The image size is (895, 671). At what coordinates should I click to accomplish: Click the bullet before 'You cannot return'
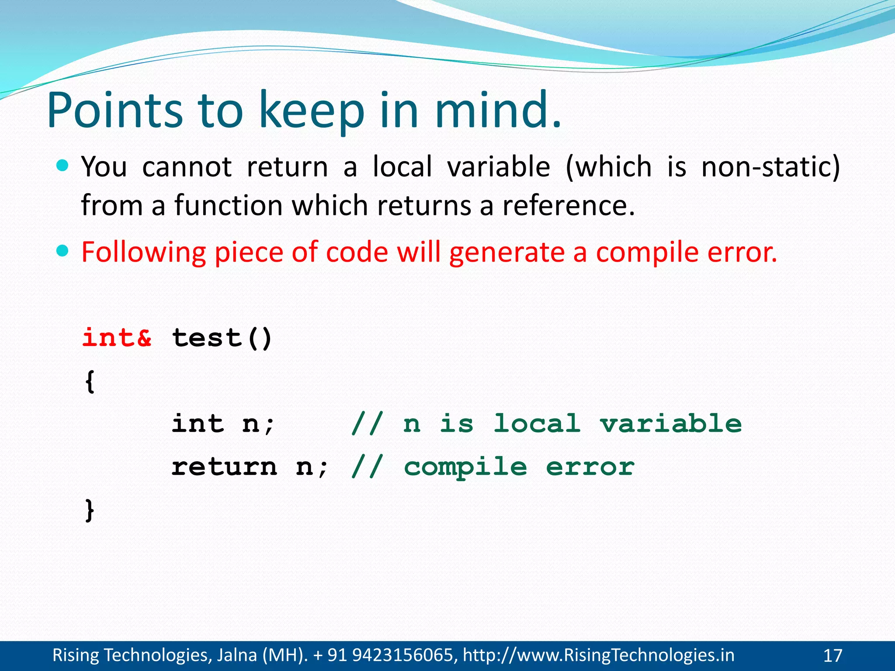tap(63, 166)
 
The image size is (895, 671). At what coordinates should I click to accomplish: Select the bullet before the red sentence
tap(63, 251)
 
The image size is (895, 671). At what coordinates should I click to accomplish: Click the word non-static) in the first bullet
tap(770, 167)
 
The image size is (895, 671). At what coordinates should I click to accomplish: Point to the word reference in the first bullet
tap(568, 205)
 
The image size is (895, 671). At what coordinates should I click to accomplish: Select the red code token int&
tap(117, 338)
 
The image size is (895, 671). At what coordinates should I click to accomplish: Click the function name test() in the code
tap(222, 338)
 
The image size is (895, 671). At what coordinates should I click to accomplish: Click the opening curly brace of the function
tap(90, 381)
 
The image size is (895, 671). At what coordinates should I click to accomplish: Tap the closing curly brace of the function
tap(90, 510)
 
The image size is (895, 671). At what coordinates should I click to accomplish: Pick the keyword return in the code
tap(224, 467)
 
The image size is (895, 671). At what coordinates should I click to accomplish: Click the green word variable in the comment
tap(670, 423)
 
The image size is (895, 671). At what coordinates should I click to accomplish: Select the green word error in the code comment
tap(590, 467)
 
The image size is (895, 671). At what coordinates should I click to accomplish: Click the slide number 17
tap(833, 656)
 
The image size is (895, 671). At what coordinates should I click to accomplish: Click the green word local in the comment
tap(537, 423)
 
